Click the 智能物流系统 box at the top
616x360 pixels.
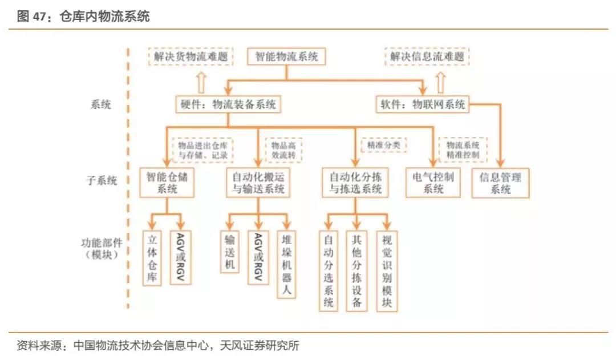286,56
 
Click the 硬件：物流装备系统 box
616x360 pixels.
228,104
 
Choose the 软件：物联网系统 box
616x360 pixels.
423,104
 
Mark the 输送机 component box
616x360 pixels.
229,252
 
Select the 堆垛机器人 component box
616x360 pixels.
287,264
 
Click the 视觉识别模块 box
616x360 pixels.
387,270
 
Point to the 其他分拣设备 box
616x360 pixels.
357,270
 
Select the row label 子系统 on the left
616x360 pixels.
104,181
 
